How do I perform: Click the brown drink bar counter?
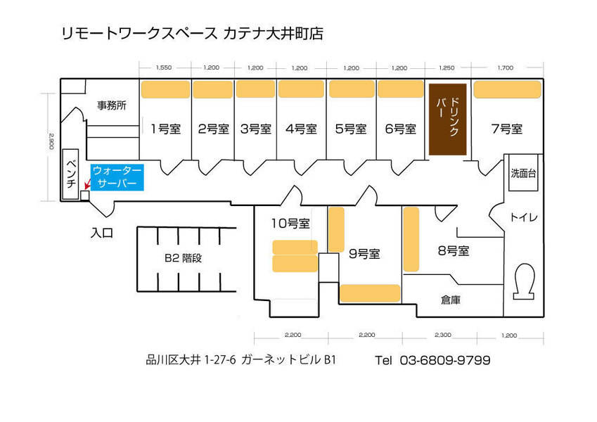pos(448,119)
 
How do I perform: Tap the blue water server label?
pos(117,177)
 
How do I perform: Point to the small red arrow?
pos(87,185)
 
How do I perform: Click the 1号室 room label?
pos(165,129)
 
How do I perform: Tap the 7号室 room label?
pos(507,129)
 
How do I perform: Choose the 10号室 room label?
pos(290,223)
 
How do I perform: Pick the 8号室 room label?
pos(453,250)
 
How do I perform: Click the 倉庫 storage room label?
pos(451,300)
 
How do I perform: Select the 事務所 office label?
pos(112,105)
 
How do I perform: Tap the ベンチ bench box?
pos(70,174)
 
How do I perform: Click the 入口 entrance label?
pos(102,233)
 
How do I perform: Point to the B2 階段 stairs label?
pos(183,258)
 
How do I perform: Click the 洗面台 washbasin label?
pos(523,173)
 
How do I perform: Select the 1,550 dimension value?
pos(164,68)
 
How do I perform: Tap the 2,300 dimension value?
pos(443,335)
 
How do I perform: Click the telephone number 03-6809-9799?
pos(445,360)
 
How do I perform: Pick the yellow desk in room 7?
pos(507,89)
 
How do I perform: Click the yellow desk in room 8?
pos(411,239)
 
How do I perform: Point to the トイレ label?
pos(523,217)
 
